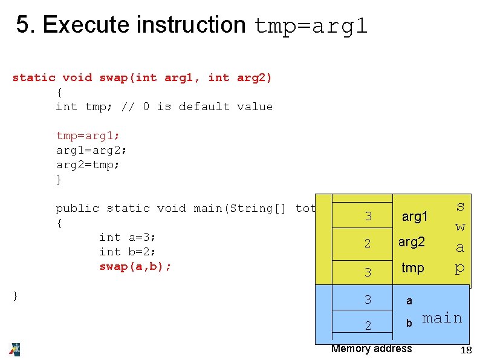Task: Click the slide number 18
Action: tap(465, 350)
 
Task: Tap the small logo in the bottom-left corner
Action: tap(14, 349)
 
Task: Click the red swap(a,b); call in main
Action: tap(135, 266)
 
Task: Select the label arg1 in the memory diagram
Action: tap(415, 216)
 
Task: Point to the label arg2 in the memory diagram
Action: tap(412, 242)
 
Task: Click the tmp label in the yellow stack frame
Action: tap(413, 267)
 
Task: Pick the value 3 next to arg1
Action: tap(368, 217)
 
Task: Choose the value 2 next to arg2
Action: tap(368, 244)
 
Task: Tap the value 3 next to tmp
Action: tap(368, 272)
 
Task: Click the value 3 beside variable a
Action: tap(368, 299)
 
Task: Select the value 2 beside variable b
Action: tap(368, 326)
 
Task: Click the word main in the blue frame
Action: tap(442, 318)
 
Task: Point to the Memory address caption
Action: tap(371, 348)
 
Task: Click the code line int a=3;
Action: tap(128, 237)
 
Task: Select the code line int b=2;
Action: tap(128, 252)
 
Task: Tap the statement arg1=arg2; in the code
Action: tap(91, 150)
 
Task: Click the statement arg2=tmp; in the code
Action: tap(88, 165)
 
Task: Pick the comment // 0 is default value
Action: tap(197, 106)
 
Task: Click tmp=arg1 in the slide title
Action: tap(311, 26)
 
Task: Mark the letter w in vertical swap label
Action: tap(460, 227)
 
